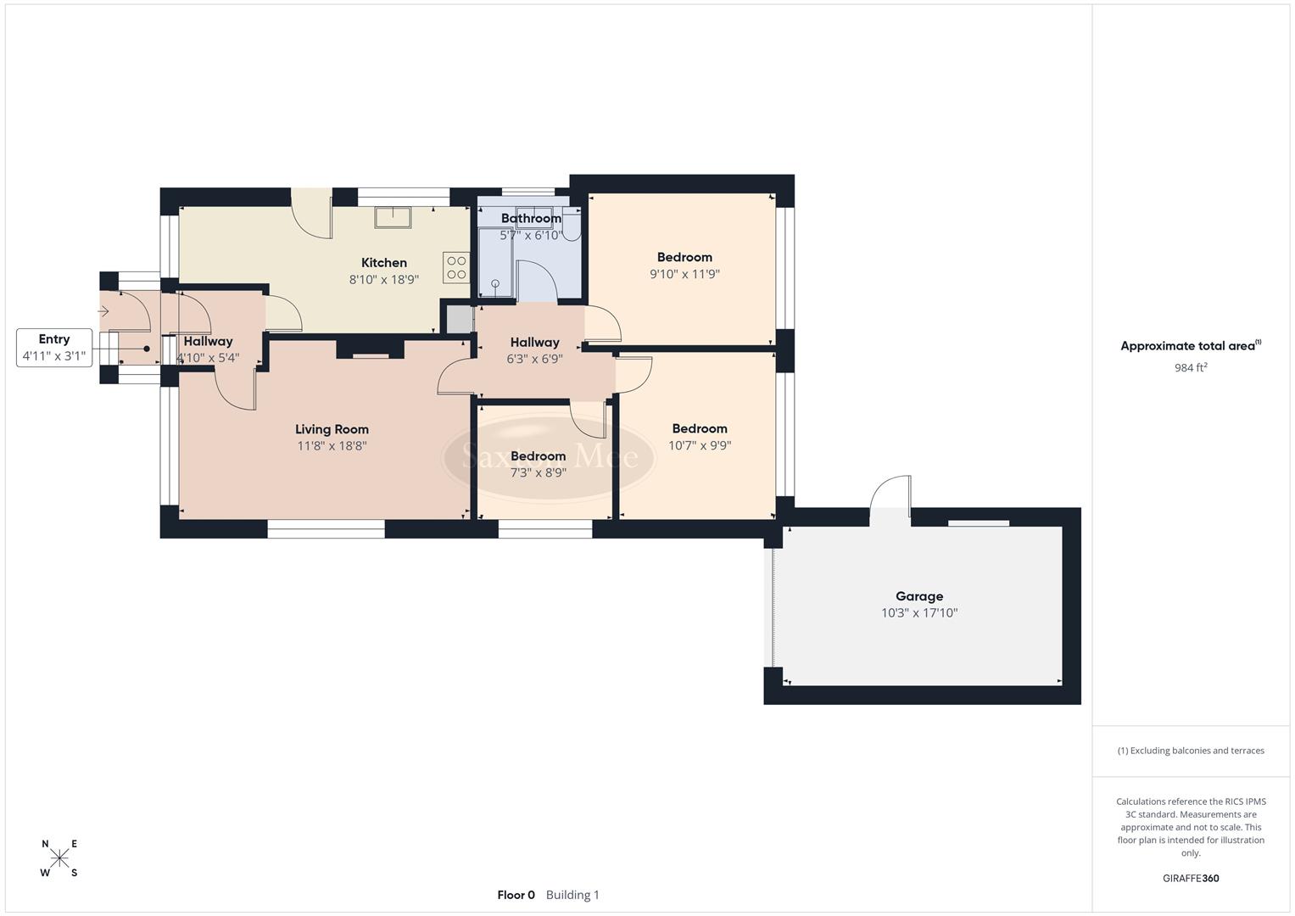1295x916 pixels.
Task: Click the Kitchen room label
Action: pos(384,263)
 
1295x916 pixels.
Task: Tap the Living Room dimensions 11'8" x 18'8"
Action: pos(332,446)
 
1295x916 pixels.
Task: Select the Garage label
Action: pos(919,596)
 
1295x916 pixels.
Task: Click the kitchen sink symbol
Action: pos(393,217)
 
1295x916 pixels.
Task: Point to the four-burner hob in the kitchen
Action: pos(456,268)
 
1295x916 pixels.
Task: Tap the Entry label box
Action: pos(54,348)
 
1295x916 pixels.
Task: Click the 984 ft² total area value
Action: pos(1190,367)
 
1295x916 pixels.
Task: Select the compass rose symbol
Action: pos(59,858)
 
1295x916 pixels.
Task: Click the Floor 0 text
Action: pos(516,895)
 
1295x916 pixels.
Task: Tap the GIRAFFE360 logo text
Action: pos(1190,878)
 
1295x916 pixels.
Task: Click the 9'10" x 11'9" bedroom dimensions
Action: pos(684,274)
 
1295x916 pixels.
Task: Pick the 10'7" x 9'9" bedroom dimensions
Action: pos(700,445)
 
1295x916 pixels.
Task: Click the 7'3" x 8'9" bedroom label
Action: pos(538,465)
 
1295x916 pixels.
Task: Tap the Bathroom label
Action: pos(531,218)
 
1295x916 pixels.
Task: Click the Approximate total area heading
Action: pos(1190,346)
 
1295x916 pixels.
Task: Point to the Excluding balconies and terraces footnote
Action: pos(1190,751)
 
